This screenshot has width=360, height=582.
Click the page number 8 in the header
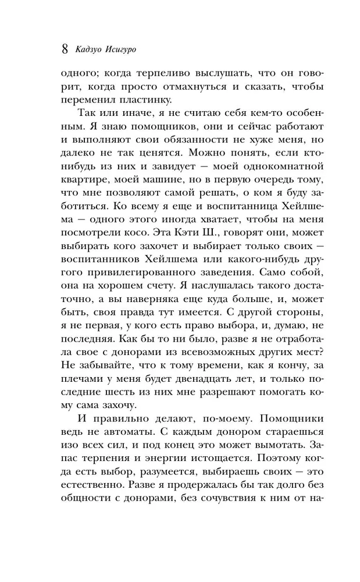tap(65, 48)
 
